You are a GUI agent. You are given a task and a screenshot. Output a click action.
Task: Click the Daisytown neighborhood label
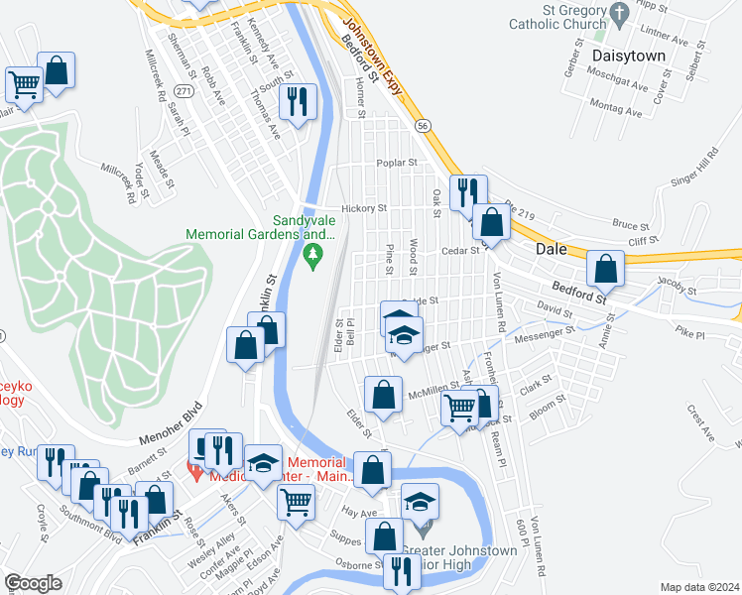click(628, 56)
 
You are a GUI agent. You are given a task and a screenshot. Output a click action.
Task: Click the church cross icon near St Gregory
click(621, 14)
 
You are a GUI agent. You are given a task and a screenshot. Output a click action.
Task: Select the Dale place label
click(552, 250)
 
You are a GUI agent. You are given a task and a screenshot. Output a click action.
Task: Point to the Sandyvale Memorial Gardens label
click(261, 227)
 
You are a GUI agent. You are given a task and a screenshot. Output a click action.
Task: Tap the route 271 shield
click(183, 91)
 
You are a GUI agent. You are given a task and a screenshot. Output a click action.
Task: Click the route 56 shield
click(423, 126)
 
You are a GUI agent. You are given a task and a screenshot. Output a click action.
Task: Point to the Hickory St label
click(363, 209)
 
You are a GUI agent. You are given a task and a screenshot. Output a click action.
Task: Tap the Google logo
click(33, 583)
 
